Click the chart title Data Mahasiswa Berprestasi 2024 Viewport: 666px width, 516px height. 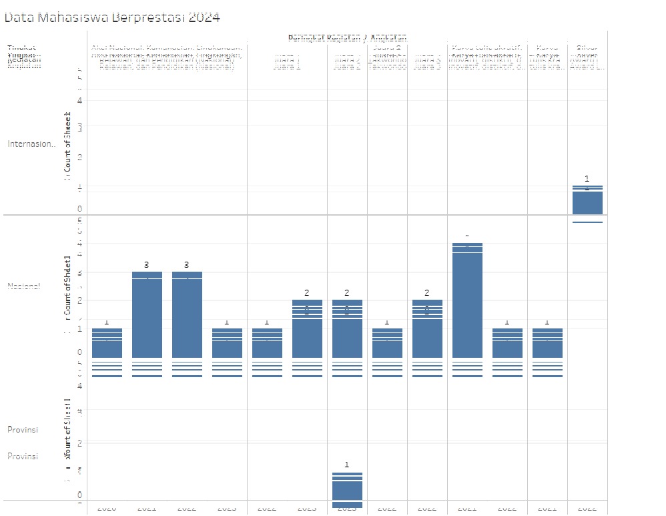[112, 18]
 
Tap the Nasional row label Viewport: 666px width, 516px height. [24, 286]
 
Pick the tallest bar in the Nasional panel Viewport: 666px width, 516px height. [467, 300]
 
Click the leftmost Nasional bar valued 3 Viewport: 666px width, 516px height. [147, 314]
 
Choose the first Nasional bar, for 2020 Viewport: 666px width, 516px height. [107, 343]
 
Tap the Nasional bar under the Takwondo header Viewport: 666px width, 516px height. [387, 343]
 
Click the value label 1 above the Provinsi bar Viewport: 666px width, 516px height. [347, 465]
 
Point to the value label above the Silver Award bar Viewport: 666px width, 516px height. [587, 178]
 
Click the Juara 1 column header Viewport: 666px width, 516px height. [288, 65]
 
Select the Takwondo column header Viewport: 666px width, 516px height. [387, 65]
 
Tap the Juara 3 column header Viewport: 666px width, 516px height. [427, 65]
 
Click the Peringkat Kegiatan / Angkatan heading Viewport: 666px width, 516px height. [348, 37]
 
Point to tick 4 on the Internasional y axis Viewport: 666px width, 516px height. [79, 100]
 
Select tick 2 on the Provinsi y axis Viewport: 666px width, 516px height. [79, 443]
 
